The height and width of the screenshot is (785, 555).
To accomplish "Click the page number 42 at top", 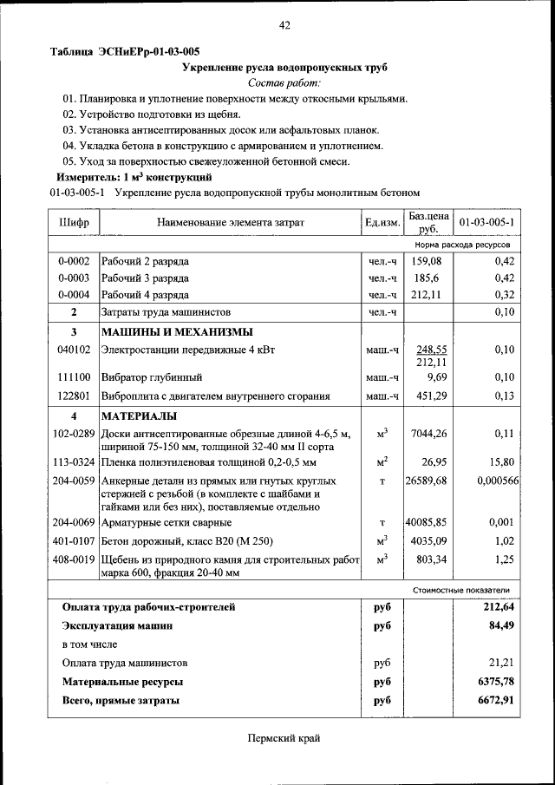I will coord(284,25).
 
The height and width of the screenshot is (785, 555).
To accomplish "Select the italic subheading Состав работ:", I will coord(284,83).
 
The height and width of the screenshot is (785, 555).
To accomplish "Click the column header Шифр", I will coord(74,223).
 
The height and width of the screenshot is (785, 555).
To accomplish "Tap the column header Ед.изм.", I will coord(382,223).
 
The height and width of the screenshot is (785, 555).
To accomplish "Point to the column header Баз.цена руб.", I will coord(428,223).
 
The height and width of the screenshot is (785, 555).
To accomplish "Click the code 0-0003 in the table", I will coord(74,278).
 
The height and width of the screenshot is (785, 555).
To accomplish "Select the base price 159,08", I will coord(428,261).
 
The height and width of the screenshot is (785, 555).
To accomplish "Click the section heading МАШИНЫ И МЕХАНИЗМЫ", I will coord(177,332).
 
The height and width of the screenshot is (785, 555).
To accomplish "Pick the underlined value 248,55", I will coord(431,350).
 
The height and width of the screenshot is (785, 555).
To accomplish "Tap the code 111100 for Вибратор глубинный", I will coord(74,378).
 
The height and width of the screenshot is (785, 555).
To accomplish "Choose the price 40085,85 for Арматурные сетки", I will coord(427,523).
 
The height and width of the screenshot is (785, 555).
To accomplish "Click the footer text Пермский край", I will coord(284,738).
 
